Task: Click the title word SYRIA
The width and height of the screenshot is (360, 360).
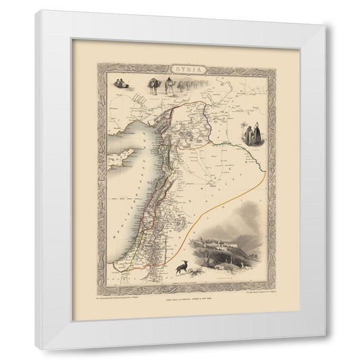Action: pos(179,70)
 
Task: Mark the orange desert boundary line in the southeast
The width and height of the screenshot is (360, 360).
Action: pos(203,223)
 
